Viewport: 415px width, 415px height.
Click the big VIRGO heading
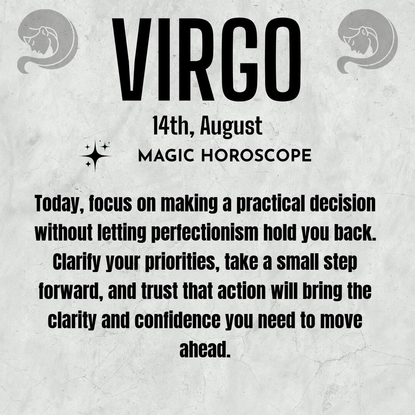[x=207, y=60]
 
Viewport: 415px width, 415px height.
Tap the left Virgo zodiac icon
[x=48, y=41]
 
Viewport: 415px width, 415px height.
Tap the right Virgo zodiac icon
[x=367, y=41]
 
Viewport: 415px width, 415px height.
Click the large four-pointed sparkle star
[x=95, y=156]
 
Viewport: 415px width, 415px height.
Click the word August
[x=231, y=127]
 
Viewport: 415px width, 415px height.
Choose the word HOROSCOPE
[x=256, y=155]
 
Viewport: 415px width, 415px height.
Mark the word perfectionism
[x=204, y=234]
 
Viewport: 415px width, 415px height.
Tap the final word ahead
[x=205, y=349]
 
